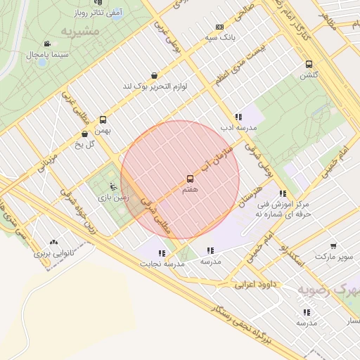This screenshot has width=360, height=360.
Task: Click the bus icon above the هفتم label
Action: [190, 179]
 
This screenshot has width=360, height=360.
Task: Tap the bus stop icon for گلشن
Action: [308, 64]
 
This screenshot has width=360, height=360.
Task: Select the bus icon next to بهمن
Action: [103, 120]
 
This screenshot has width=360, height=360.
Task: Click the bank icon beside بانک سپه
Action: [220, 27]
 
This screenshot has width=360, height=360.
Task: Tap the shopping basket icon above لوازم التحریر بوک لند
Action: [154, 75]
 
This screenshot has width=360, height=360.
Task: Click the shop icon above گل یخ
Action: [85, 134]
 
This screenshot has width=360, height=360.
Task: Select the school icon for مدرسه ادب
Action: [238, 117]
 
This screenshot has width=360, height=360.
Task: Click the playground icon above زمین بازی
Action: [114, 187]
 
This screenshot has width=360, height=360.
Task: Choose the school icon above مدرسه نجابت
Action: [162, 252]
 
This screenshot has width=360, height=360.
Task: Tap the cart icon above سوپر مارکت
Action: [333, 247]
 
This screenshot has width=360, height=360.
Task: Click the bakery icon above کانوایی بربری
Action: [53, 242]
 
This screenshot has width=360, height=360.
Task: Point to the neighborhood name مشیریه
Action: [77, 32]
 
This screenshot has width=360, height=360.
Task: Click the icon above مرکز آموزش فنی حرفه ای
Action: [282, 193]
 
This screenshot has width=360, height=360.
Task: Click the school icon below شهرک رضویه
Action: [307, 311]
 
